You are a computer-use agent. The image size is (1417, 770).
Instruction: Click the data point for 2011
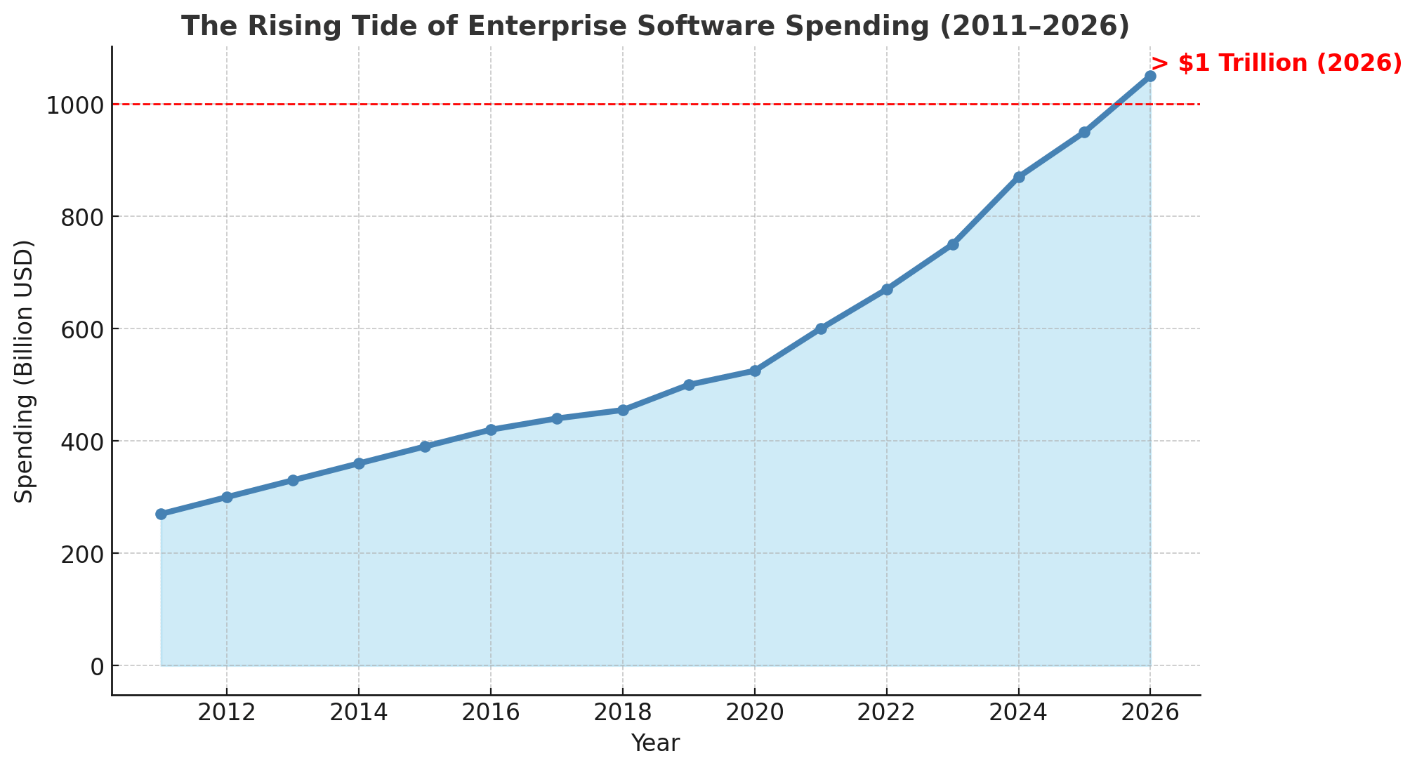point(161,514)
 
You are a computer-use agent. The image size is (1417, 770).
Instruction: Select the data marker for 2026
point(1150,76)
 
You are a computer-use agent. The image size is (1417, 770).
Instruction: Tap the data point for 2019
point(689,385)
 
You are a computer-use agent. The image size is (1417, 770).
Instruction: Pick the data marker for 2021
point(821,328)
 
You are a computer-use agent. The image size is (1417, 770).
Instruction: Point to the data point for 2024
point(1019,177)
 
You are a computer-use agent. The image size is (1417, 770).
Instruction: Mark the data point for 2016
point(491,430)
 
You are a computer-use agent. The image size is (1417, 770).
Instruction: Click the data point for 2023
point(953,244)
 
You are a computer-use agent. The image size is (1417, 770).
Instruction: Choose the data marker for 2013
point(293,480)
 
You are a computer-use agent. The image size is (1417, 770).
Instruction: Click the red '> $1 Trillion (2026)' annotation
point(1277,64)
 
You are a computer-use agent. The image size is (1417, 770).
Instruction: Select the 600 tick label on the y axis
point(81,329)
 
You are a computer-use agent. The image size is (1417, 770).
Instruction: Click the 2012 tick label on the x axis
point(226,713)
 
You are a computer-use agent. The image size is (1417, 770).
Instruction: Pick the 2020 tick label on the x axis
point(754,713)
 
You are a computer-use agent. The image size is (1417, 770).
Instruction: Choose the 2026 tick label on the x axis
point(1150,713)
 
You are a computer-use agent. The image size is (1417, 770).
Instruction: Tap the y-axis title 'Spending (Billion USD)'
point(25,371)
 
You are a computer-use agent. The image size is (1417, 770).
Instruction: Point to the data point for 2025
point(1084,132)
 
